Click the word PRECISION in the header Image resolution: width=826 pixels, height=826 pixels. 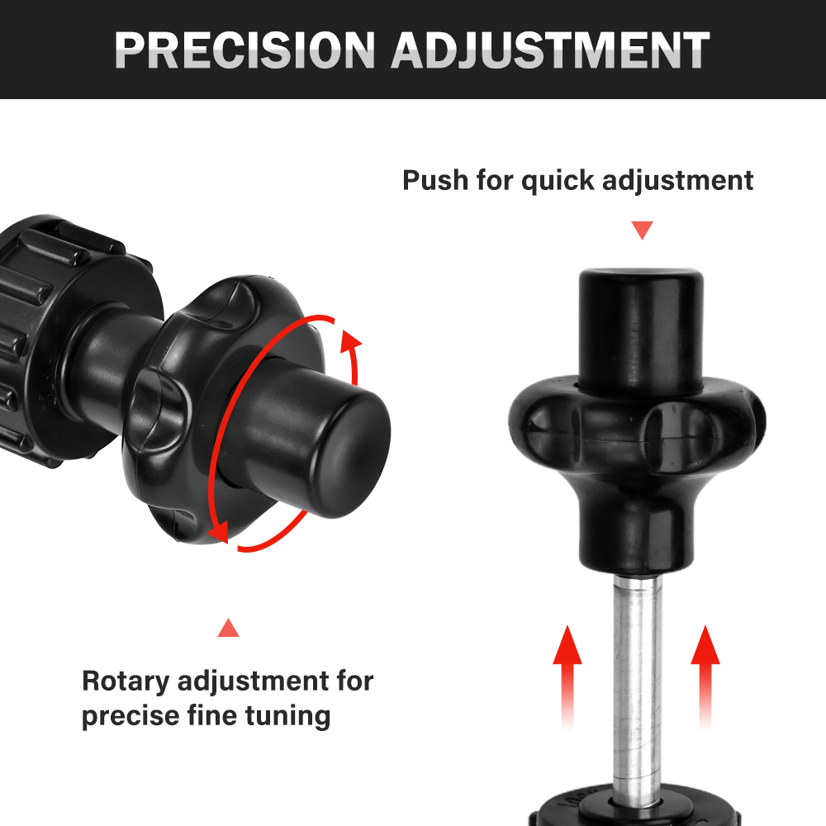[x=244, y=50]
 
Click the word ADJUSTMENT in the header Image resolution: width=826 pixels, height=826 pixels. [x=550, y=50]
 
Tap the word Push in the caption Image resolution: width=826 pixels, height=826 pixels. [x=435, y=180]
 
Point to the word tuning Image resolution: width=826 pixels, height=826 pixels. [x=287, y=716]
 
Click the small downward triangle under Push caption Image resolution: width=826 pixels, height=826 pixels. [x=642, y=230]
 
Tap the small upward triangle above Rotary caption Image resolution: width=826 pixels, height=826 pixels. [x=228, y=628]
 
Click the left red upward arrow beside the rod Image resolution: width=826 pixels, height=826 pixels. [x=567, y=677]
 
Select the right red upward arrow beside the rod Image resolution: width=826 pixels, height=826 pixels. [x=705, y=677]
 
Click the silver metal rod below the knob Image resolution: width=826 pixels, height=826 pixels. [x=637, y=685]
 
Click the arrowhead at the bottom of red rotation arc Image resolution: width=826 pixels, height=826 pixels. [x=219, y=532]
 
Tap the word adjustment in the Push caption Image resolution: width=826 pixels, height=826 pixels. [x=677, y=182]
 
